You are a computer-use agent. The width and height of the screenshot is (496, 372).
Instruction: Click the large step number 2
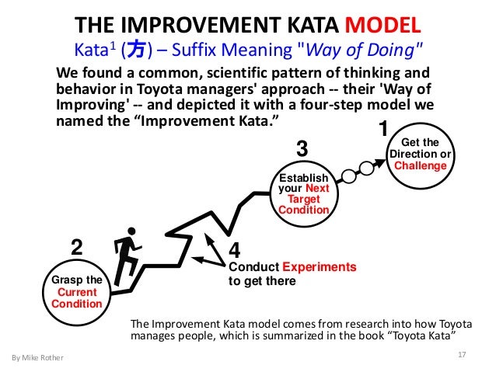tap(76, 248)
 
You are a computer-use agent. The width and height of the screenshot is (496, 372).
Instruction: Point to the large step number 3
tap(303, 148)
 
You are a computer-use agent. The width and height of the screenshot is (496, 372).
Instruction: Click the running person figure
tap(126, 256)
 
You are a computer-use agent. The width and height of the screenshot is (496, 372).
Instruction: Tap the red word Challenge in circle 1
tap(420, 165)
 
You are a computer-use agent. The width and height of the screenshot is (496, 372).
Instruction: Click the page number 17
tap(462, 355)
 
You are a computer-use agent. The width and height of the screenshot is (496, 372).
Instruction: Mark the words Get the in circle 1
tap(420, 142)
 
